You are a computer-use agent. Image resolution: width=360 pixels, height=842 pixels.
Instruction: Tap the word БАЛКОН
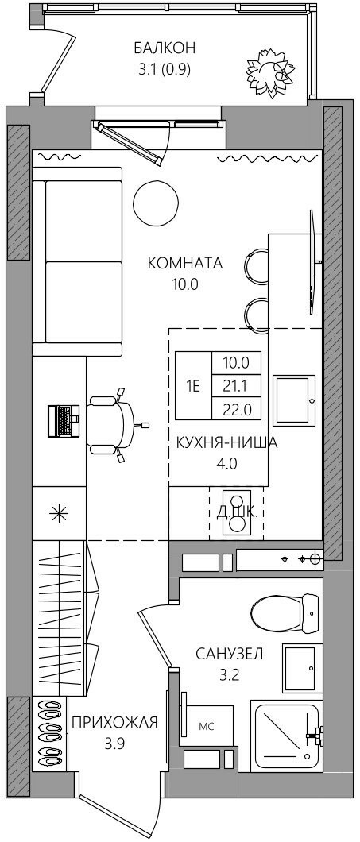(x=165, y=48)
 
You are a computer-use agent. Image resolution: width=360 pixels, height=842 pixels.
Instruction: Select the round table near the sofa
(x=156, y=202)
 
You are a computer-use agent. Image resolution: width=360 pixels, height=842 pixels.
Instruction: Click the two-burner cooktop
(x=237, y=512)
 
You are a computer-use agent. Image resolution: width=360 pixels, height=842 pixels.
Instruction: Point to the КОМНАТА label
(x=185, y=264)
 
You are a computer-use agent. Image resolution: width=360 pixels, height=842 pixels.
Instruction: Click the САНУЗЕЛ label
(x=230, y=654)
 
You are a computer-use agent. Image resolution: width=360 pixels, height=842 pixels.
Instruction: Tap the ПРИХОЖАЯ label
(x=114, y=722)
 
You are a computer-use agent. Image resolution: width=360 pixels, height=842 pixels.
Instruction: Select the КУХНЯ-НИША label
(x=226, y=443)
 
